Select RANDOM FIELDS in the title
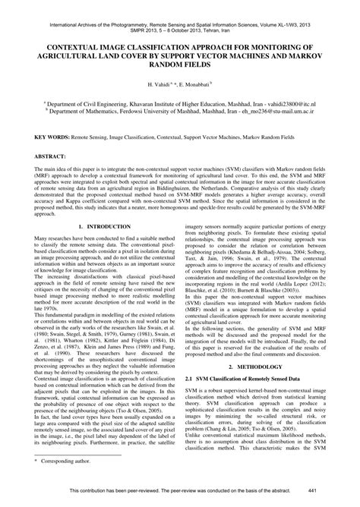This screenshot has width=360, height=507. [x=180, y=64]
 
